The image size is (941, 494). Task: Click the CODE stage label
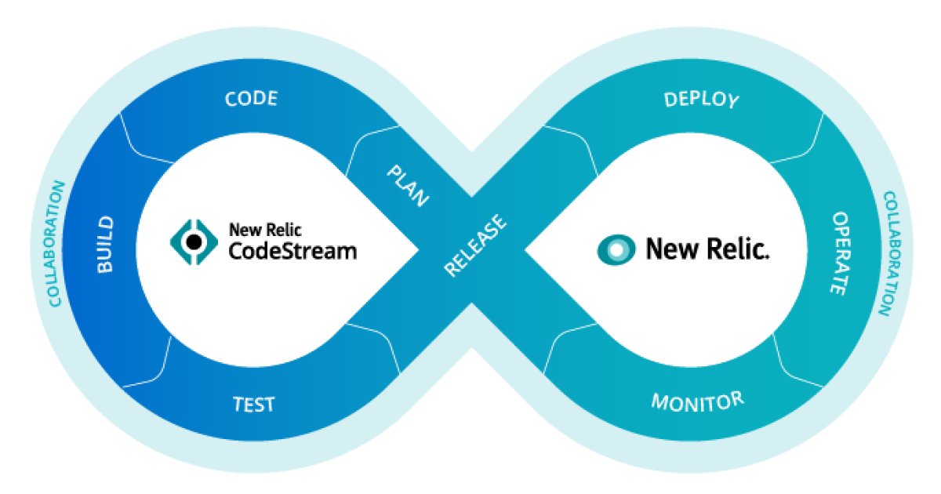(x=251, y=100)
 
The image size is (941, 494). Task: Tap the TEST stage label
(x=253, y=405)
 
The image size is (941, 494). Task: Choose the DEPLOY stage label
(x=701, y=100)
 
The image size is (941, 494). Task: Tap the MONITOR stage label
(x=697, y=401)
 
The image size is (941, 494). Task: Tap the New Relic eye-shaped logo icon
(x=616, y=250)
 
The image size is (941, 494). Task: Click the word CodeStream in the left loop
(x=292, y=251)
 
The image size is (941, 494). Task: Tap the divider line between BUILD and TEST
(x=147, y=361)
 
